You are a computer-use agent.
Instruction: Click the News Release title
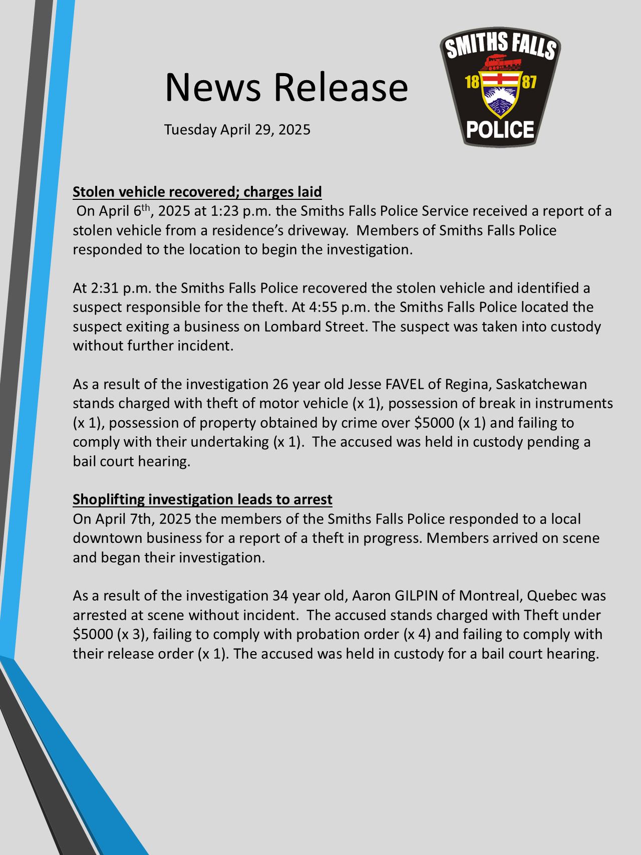[x=286, y=87]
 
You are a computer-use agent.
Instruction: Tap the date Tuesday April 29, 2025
[x=237, y=130]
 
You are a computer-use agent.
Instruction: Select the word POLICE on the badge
[x=500, y=130]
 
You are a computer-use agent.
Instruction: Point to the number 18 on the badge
[x=472, y=82]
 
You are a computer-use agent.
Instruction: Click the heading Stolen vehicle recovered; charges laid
[x=197, y=192]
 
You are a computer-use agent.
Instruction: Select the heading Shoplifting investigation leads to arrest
[x=202, y=499]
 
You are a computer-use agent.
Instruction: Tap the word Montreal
[x=489, y=596]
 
